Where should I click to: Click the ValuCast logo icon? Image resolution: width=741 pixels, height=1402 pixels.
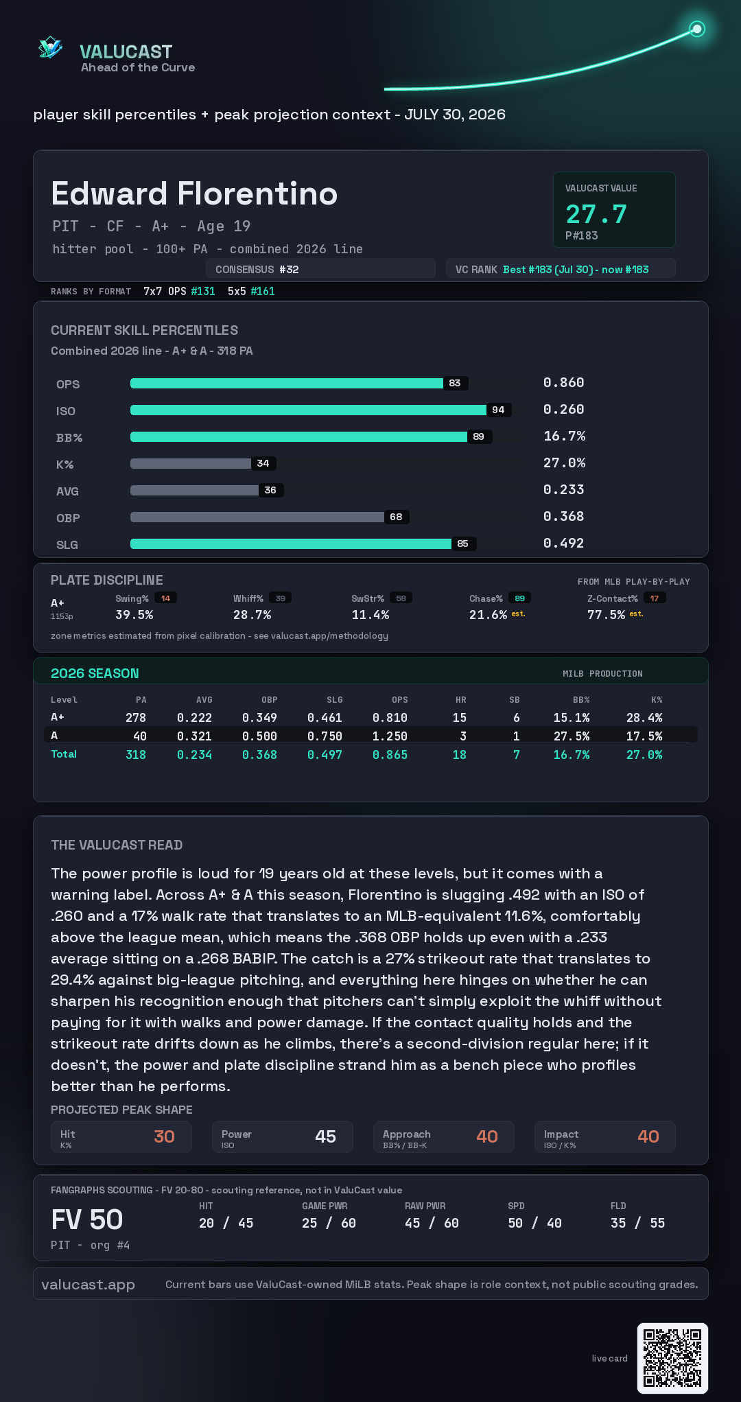[51, 47]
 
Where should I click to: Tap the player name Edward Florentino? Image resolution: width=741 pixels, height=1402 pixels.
[194, 194]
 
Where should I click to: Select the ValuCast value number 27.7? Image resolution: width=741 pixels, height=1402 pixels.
[596, 214]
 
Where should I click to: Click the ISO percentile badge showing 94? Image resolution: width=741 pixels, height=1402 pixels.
[498, 410]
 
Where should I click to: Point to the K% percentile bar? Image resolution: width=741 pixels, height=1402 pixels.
[191, 463]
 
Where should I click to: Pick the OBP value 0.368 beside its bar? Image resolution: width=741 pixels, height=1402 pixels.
[563, 516]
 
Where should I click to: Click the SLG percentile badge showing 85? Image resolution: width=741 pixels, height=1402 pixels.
[463, 544]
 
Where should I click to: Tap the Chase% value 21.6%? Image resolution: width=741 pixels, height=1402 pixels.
[488, 615]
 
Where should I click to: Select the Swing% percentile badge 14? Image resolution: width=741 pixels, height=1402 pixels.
[165, 598]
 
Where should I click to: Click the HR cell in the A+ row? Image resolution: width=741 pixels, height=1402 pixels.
[460, 718]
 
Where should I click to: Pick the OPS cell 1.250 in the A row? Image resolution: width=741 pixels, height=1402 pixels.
[390, 736]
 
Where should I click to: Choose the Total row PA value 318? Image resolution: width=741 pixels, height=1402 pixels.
[136, 755]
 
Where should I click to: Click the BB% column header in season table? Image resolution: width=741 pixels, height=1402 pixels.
[581, 700]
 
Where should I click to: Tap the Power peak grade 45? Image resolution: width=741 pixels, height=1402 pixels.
[325, 1136]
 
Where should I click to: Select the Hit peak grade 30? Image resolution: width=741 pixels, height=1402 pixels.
[164, 1136]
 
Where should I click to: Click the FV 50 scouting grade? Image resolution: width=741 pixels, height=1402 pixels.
[87, 1219]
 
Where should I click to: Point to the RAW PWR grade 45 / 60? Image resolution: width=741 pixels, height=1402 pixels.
[432, 1223]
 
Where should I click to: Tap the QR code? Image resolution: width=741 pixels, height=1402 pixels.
[672, 1358]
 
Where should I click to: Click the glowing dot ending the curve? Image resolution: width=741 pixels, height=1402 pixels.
[697, 29]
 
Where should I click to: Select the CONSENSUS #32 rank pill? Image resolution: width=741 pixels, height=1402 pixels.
[320, 269]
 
